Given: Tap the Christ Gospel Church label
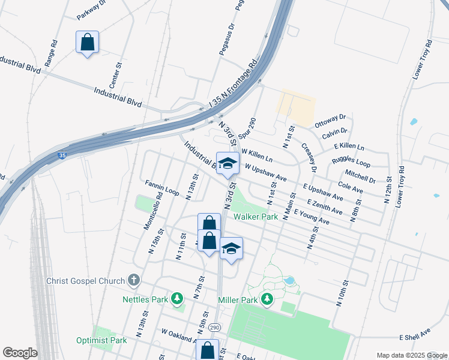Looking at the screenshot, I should [x=86, y=281].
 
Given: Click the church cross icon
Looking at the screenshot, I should [x=133, y=280].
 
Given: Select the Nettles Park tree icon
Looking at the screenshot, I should [x=177, y=298].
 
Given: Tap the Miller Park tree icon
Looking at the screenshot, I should [x=267, y=299].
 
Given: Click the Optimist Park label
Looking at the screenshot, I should [x=101, y=340].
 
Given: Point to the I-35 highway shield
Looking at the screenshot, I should [x=62, y=155].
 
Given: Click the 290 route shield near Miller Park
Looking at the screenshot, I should [x=214, y=328].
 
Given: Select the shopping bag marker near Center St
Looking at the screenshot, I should [x=87, y=43].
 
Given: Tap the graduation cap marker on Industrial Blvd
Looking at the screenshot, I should [x=228, y=164].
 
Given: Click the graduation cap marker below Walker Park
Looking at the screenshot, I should [x=231, y=248].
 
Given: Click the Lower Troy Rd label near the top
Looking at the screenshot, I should [x=423, y=60].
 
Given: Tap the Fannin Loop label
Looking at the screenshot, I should [x=162, y=188].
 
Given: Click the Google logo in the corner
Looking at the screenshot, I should [x=20, y=353].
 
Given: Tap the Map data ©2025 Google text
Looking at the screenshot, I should [x=411, y=355].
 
